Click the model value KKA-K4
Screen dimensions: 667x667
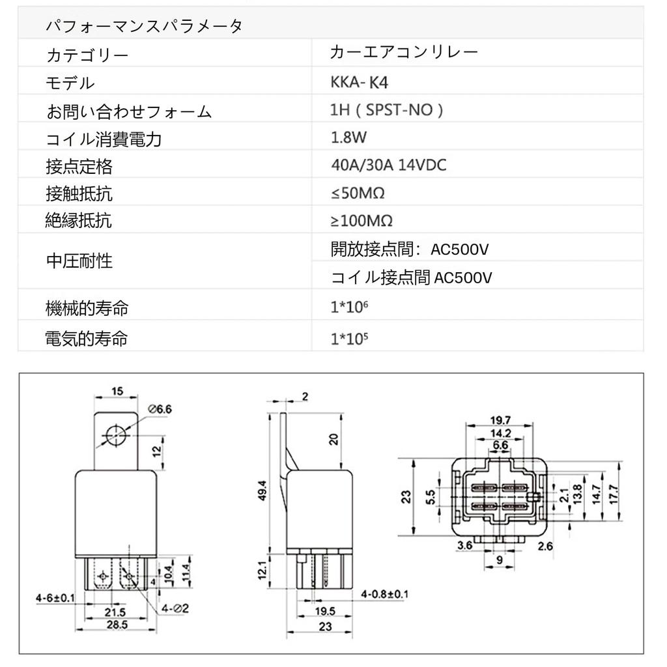[363, 83]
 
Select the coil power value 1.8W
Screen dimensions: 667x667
[348, 137]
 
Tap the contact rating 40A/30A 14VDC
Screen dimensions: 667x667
[388, 165]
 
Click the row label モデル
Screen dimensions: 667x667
[70, 83]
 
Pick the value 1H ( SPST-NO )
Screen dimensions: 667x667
[387, 110]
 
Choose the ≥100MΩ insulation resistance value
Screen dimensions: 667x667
[362, 221]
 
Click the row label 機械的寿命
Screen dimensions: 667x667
[87, 308]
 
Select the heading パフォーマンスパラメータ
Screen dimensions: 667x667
[144, 27]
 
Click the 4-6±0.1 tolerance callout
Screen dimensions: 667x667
[55, 597]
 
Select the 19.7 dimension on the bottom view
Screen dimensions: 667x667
[500, 419]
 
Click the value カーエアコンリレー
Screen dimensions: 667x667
[404, 52]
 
